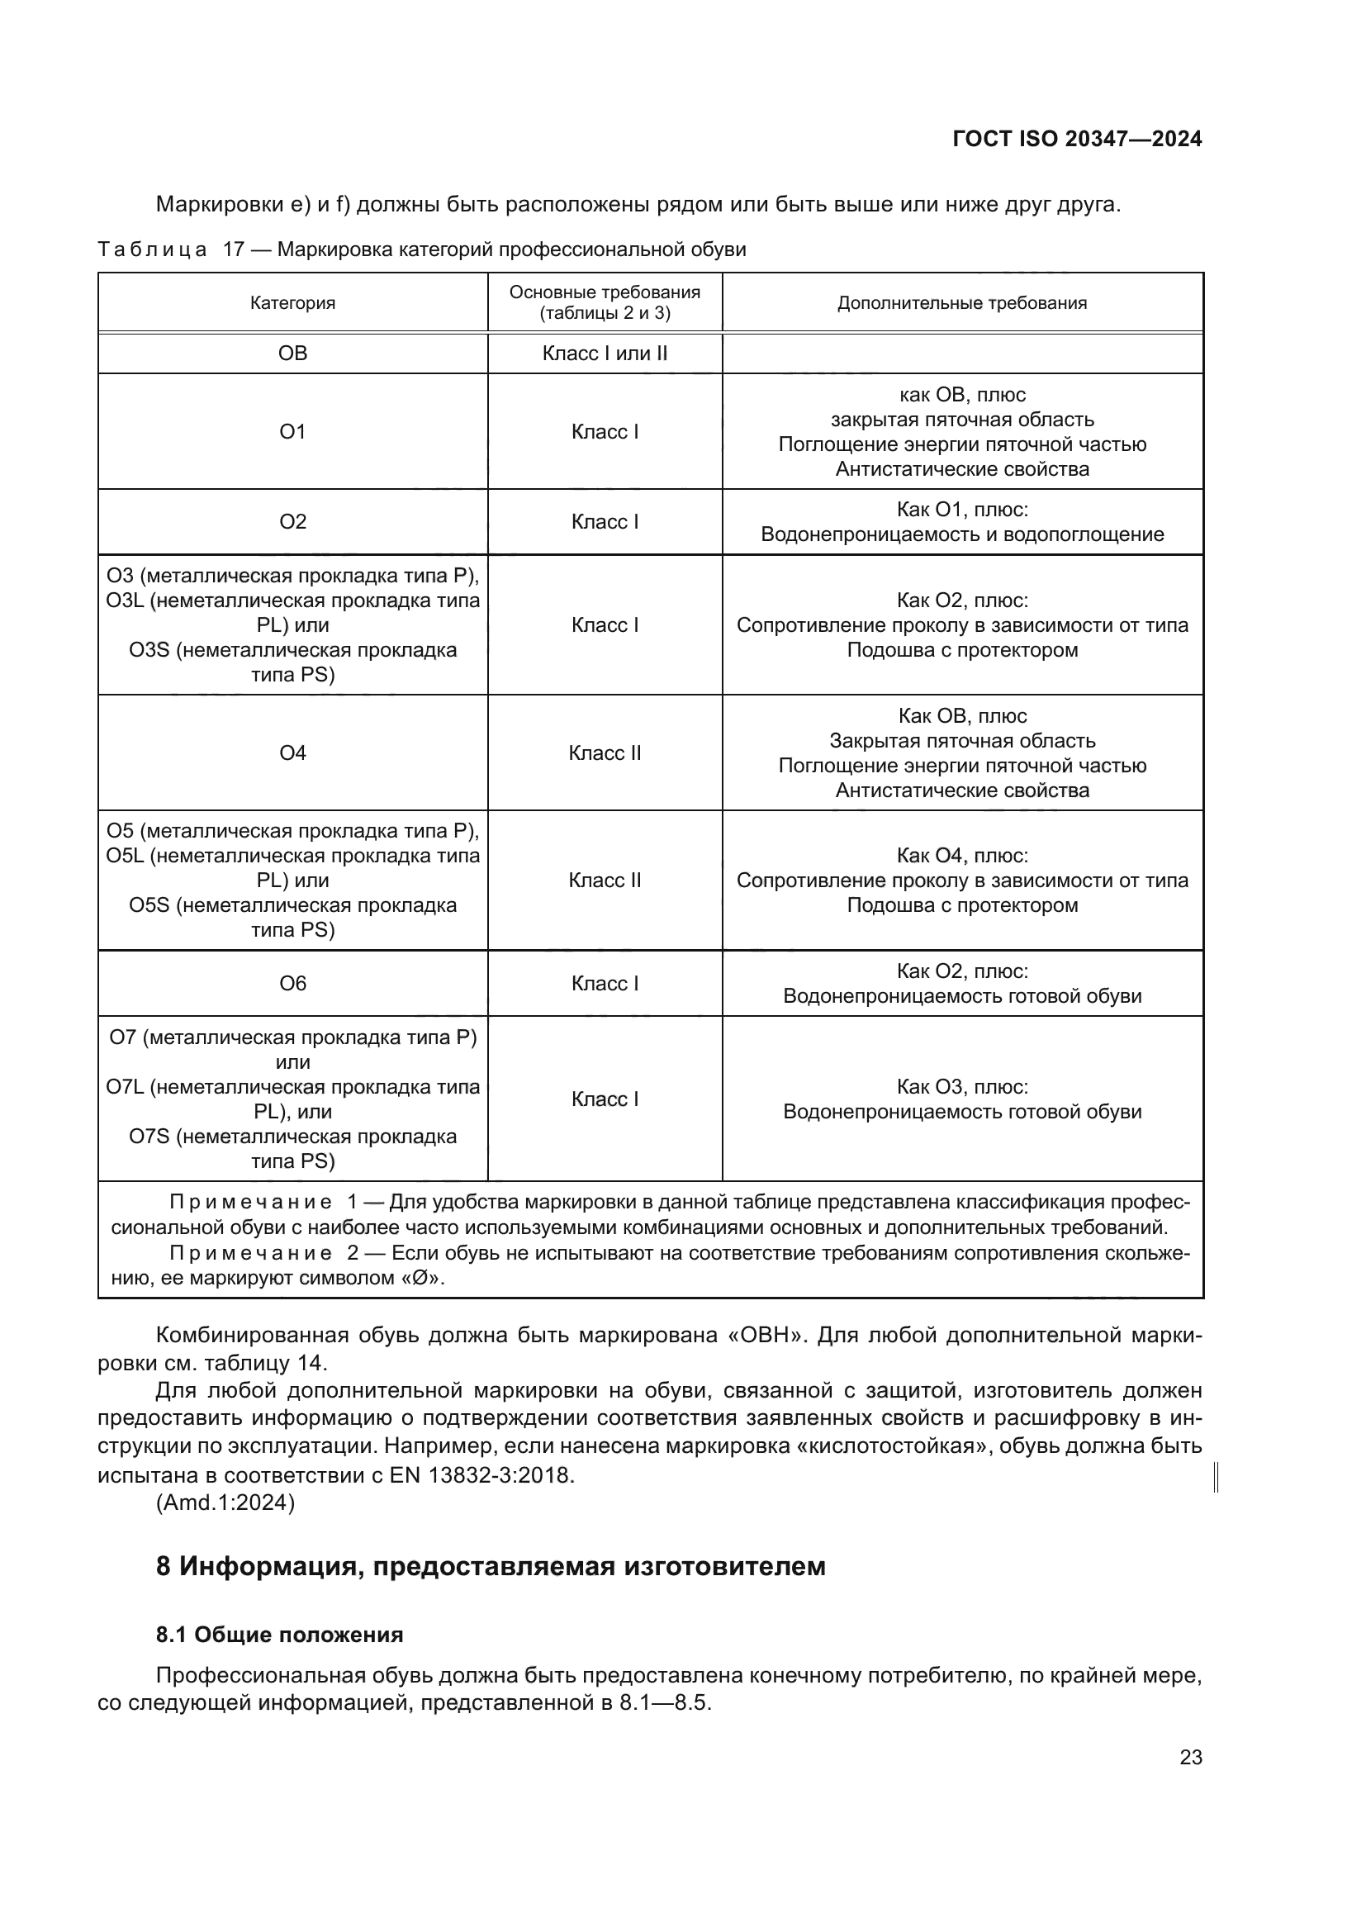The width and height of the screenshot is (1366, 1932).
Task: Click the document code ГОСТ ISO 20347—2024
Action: point(1077,139)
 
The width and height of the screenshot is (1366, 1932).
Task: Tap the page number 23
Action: point(1190,1757)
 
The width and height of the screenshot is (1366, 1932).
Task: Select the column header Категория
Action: point(292,303)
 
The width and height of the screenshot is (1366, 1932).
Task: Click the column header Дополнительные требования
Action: point(961,303)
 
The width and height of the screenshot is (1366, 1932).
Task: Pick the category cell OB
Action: point(292,354)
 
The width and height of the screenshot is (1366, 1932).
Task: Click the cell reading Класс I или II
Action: point(604,354)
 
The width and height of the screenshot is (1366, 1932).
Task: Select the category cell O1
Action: point(292,432)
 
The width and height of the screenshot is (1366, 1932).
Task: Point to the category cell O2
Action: point(292,522)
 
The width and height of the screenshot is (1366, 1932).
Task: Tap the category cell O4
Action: point(292,752)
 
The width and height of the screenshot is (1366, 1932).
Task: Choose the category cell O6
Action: point(292,983)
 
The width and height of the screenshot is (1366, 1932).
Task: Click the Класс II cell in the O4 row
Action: point(604,752)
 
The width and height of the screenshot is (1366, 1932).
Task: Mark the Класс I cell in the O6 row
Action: point(604,983)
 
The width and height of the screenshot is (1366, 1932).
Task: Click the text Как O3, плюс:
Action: point(961,1086)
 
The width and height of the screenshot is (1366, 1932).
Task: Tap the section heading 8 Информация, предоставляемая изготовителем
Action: point(491,1566)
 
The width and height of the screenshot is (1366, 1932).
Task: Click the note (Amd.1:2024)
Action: point(225,1502)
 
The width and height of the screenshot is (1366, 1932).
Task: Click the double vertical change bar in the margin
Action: point(1217,1477)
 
